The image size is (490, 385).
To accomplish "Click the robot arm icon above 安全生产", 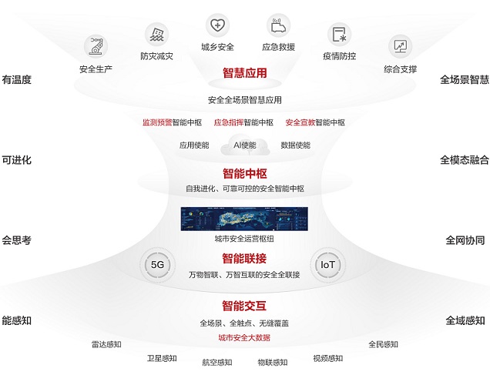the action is (96, 47).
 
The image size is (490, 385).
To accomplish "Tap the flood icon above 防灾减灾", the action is (157, 35).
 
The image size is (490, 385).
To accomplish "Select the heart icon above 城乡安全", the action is (217, 25).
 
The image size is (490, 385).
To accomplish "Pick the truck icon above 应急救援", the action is (278, 25).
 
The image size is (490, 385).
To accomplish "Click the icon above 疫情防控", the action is (339, 35).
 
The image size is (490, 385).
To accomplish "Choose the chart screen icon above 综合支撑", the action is (401, 46).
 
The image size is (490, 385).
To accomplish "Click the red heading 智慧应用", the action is (245, 73).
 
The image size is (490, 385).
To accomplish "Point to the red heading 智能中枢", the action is (245, 173).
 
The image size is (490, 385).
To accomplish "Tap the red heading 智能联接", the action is (244, 259).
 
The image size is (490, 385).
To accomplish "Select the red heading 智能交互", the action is (244, 306).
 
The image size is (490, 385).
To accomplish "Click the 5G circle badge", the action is (157, 265).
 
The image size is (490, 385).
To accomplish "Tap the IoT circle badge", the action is (327, 265).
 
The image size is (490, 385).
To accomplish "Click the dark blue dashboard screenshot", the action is (244, 219).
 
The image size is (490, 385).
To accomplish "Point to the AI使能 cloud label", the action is (245, 146).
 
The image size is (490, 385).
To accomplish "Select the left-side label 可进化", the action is (16, 160).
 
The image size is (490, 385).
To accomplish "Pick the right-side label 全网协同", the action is (465, 240).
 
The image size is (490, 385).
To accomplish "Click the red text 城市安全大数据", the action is (244, 337).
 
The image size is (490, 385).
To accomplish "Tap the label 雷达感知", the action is (106, 344).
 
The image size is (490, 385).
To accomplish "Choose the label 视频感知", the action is (328, 358).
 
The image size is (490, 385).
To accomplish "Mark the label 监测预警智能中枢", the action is (172, 122).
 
